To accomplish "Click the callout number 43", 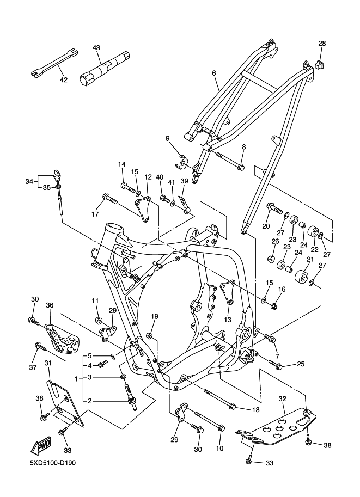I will [x=96, y=48].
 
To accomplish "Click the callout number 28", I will [x=322, y=44].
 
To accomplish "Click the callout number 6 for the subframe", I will [x=214, y=73].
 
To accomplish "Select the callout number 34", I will [x=29, y=181].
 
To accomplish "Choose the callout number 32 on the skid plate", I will [x=282, y=398].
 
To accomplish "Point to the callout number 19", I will [x=154, y=317].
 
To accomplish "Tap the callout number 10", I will [x=220, y=449].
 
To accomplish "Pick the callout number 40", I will [x=160, y=177].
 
